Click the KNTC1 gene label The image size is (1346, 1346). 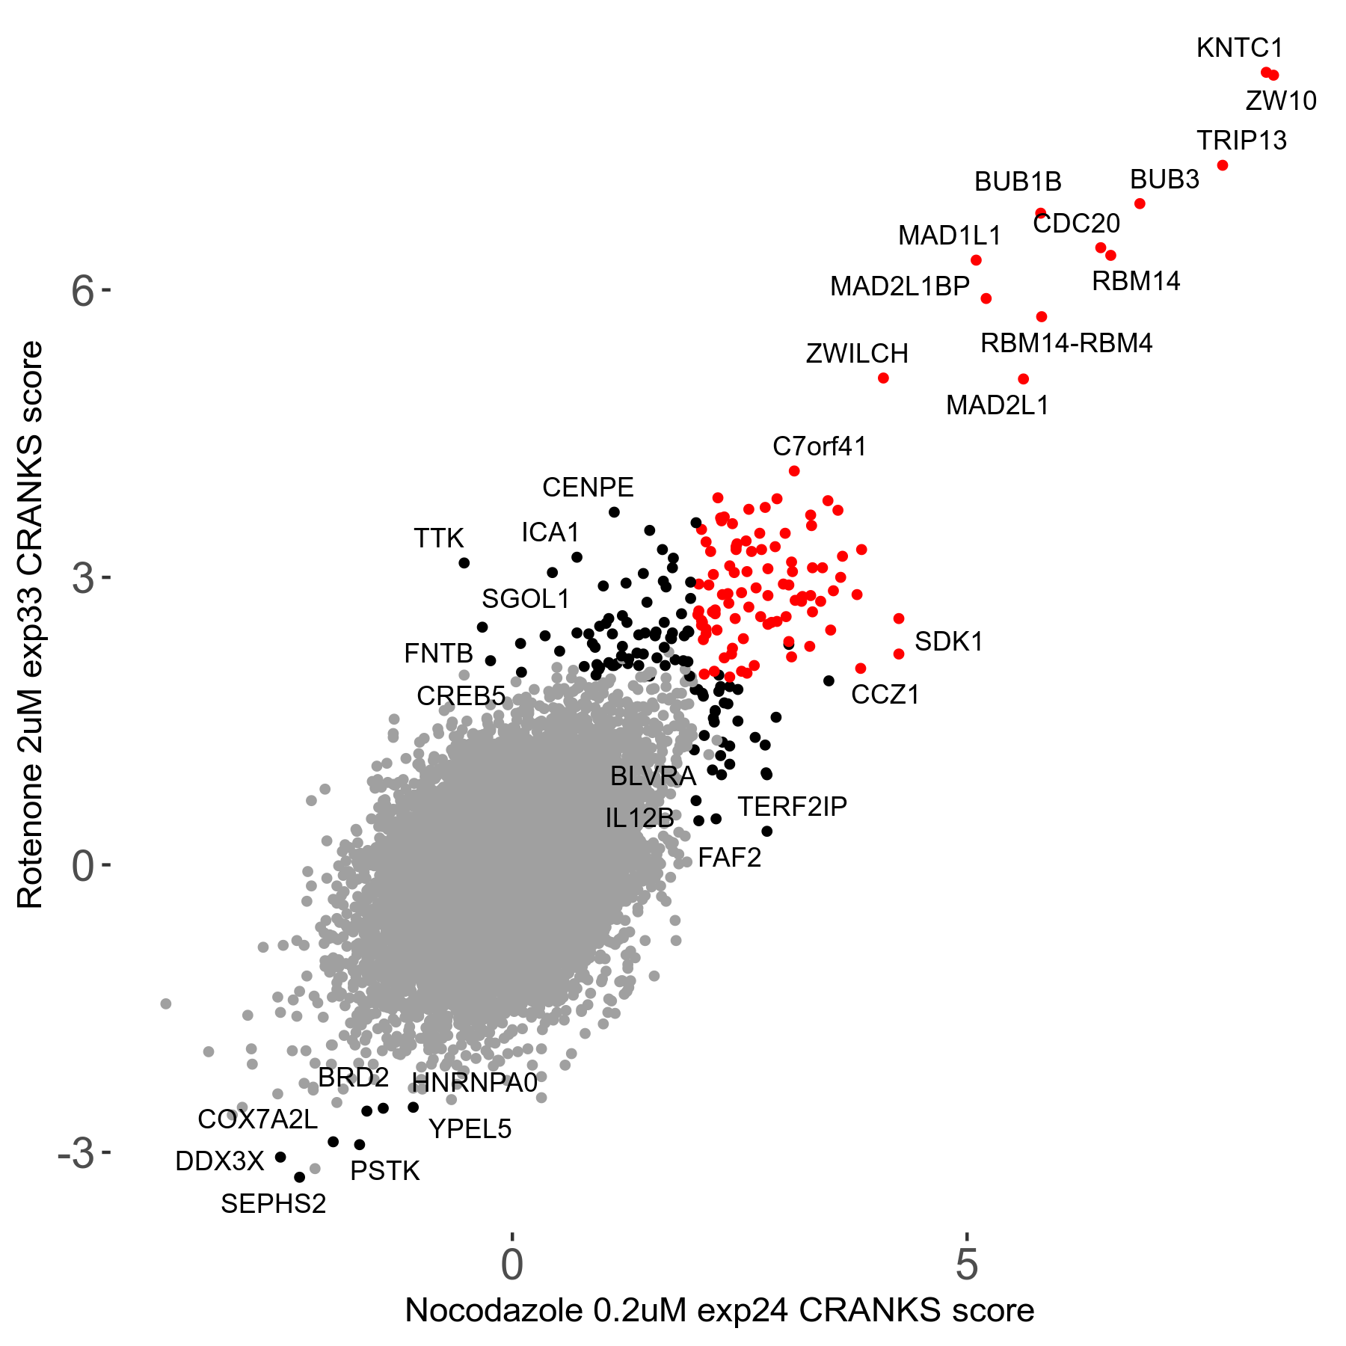[1239, 49]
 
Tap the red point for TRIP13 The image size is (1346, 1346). [1223, 165]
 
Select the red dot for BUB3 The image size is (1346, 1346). [1140, 203]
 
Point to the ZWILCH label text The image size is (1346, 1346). [857, 354]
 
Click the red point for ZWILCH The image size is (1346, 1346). [883, 378]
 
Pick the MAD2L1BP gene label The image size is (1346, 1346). [900, 286]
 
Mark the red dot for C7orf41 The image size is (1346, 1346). [794, 471]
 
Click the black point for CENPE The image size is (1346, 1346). [614, 512]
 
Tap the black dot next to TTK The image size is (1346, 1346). [464, 563]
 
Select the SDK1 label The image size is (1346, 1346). [948, 642]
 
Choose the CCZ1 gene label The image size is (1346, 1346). [885, 695]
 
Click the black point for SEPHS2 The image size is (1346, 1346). [300, 1177]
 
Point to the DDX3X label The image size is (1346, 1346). [220, 1161]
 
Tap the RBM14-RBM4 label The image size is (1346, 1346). [1066, 343]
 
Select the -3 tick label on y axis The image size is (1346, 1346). [76, 1154]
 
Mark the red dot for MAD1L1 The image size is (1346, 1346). [976, 260]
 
